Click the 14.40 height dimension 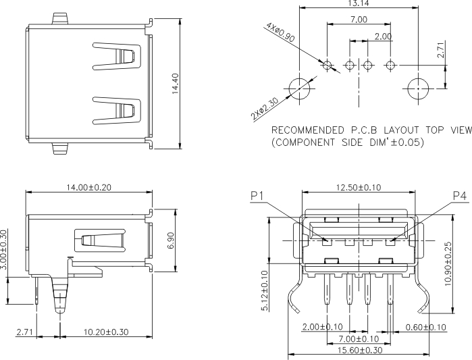coord(176,83)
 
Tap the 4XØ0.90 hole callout coord(282,34)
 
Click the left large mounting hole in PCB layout coord(298,88)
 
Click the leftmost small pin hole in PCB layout coord(328,66)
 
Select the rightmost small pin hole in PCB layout coord(391,66)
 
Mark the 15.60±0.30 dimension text coord(360,350)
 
